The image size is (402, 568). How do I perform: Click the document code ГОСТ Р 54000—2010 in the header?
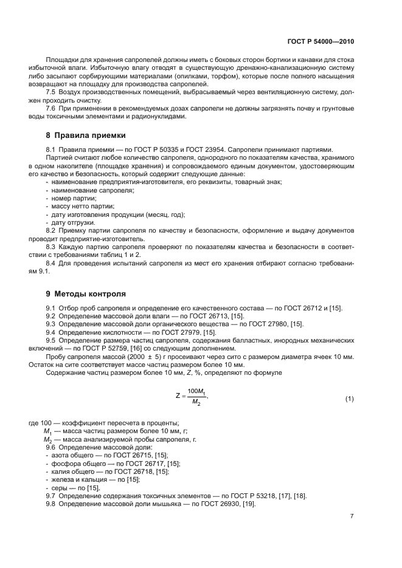point(320,43)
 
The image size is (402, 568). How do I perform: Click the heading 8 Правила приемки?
point(86,135)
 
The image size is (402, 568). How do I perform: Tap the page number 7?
point(352,516)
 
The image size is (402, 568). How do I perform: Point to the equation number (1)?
point(349,399)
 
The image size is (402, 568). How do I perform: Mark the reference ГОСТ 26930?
point(224,504)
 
